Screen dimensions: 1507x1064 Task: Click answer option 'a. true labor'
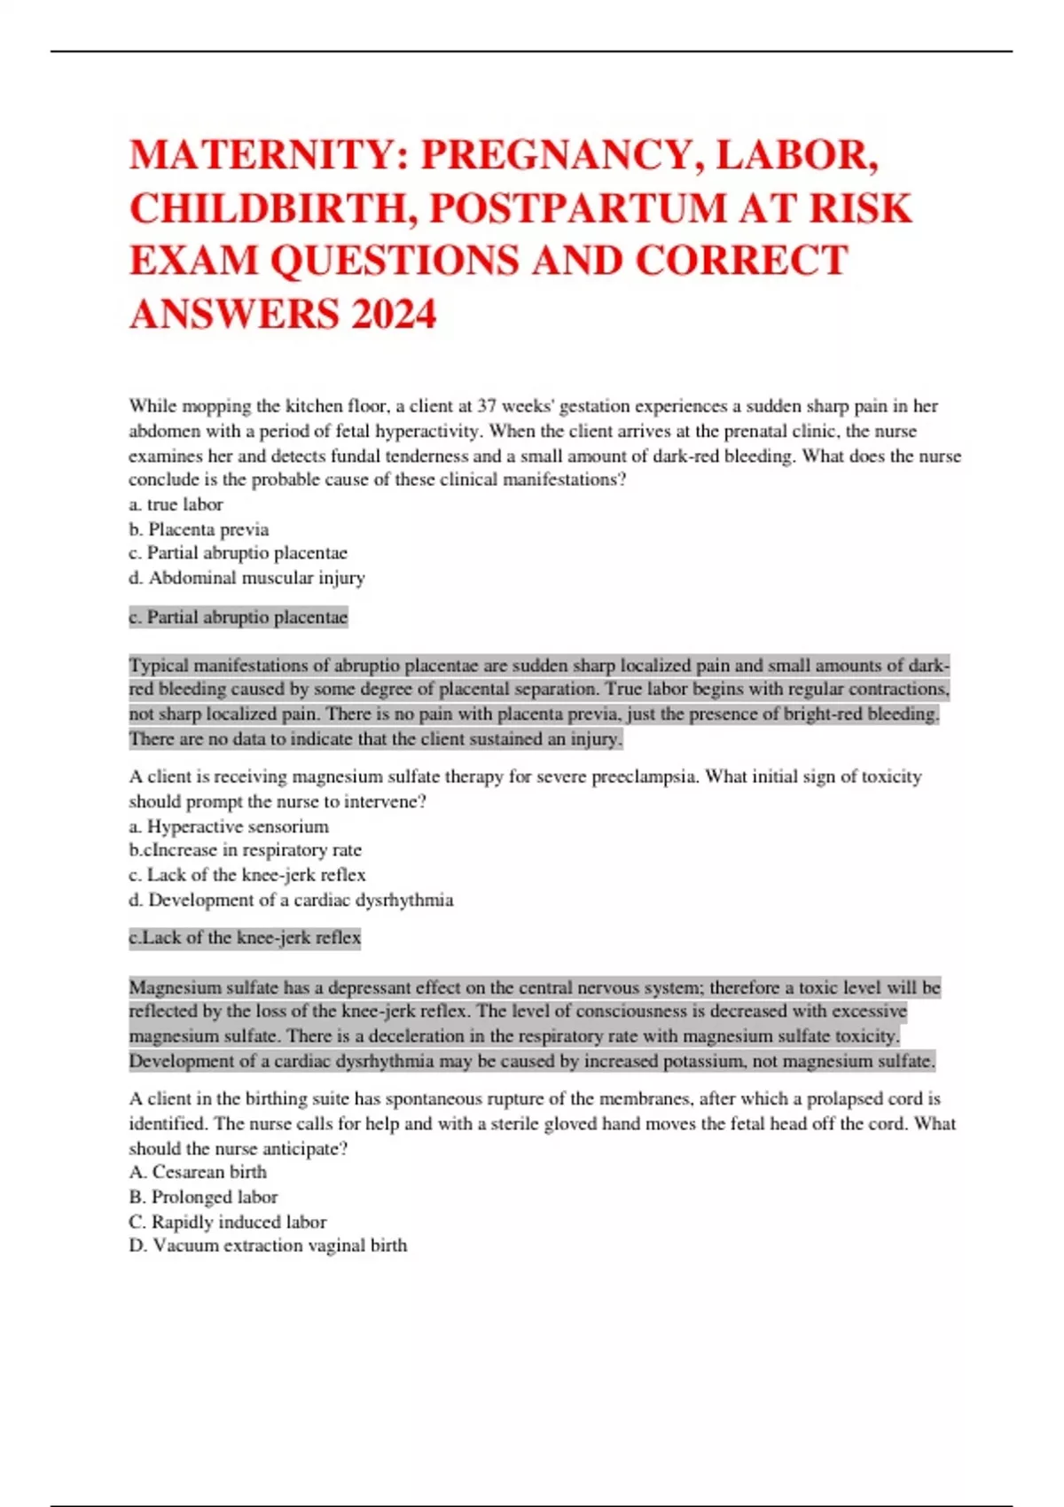click(176, 504)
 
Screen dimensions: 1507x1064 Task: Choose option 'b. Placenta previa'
click(199, 529)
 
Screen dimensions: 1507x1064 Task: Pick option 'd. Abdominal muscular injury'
click(246, 578)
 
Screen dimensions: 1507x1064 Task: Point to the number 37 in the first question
click(487, 406)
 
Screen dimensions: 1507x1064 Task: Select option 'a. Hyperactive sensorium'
click(229, 826)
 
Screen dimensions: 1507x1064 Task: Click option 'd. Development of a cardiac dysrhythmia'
click(291, 900)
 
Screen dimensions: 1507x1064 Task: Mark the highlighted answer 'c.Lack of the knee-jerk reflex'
click(245, 938)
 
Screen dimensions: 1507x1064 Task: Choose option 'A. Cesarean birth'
click(198, 1172)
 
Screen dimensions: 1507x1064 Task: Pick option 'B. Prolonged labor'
click(203, 1197)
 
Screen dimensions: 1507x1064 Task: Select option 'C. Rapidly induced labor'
click(228, 1222)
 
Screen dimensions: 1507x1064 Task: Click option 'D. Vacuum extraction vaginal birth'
click(268, 1245)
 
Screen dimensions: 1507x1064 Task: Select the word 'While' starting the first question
click(153, 406)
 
